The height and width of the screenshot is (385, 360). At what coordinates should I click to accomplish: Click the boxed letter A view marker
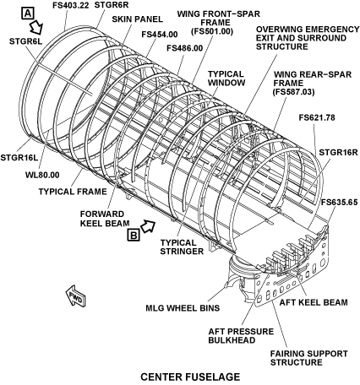(28, 14)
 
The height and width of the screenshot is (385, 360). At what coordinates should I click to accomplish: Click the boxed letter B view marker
(134, 235)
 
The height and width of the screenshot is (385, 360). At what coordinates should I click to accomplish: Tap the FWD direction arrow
(75, 296)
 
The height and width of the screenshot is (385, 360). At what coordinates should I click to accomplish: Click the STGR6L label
(25, 41)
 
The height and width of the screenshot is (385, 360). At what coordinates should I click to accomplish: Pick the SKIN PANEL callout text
(138, 19)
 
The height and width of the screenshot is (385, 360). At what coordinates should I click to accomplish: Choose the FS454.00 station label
(160, 35)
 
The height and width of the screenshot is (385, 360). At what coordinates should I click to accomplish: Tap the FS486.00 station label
(185, 48)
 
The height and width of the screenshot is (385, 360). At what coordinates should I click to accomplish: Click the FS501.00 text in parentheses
(212, 31)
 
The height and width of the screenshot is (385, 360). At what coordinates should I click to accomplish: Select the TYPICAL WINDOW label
(226, 79)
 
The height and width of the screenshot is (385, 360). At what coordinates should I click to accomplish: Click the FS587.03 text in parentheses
(294, 92)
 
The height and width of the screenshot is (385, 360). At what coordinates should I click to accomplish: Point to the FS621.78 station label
(317, 117)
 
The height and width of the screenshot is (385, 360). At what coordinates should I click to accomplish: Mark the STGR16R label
(338, 152)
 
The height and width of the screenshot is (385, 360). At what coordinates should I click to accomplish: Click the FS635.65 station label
(340, 202)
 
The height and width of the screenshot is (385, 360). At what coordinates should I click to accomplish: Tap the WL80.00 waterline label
(42, 175)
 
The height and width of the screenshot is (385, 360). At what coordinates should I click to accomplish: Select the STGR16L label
(19, 157)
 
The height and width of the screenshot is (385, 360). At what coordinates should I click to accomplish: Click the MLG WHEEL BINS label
(183, 308)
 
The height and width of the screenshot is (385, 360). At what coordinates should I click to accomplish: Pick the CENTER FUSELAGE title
(190, 377)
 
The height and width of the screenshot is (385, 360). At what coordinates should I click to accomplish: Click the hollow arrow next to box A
(36, 27)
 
